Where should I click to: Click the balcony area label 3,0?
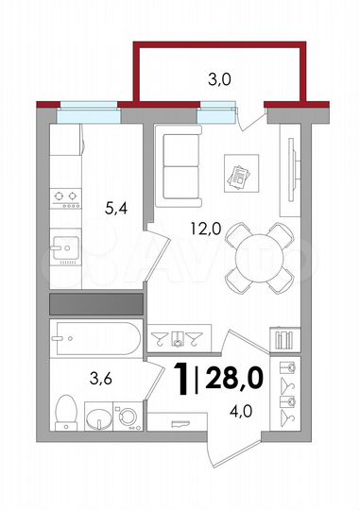pyautogui.click(x=219, y=78)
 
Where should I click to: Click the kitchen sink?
pyautogui.click(x=64, y=250)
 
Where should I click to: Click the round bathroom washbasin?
pyautogui.click(x=97, y=416)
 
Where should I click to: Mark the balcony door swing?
pyautogui.click(x=250, y=117)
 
